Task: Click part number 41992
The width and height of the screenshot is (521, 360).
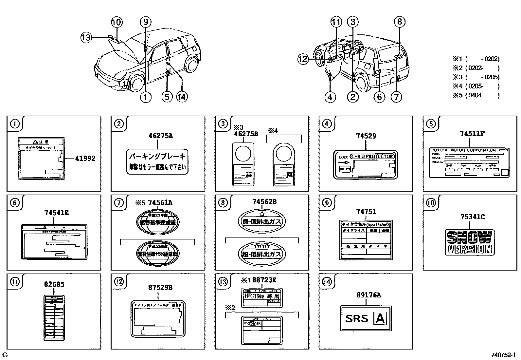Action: tap(85, 159)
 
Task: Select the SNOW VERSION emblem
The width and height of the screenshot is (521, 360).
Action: tap(470, 242)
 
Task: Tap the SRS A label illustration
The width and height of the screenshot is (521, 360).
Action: tap(366, 318)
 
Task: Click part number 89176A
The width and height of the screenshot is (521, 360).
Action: tap(369, 295)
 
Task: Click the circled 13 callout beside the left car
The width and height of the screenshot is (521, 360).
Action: tap(86, 38)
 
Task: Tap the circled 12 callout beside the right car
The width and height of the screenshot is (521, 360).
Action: tap(303, 59)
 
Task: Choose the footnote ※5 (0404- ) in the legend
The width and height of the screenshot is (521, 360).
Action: tap(476, 96)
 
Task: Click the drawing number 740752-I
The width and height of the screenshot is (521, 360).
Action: tap(503, 355)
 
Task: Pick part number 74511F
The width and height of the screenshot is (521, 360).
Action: tap(472, 134)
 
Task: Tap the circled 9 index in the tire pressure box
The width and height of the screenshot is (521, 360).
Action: tap(327, 203)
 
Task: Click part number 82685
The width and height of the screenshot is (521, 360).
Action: tap(54, 284)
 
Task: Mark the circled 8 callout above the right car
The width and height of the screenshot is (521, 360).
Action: tap(399, 22)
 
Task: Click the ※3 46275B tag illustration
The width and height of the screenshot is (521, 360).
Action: tap(243, 164)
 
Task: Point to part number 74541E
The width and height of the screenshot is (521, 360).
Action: tap(56, 213)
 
